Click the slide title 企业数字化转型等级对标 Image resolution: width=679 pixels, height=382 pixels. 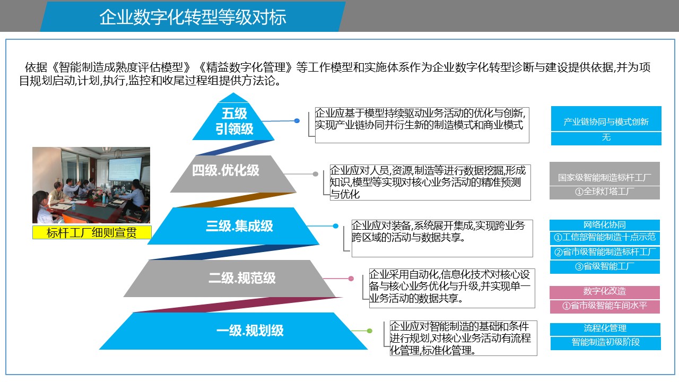point(193,17)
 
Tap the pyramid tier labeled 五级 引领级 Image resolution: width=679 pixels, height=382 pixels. point(234,121)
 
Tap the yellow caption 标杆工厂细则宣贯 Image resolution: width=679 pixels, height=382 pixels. point(91,232)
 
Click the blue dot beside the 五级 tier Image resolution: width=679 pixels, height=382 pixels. point(297,121)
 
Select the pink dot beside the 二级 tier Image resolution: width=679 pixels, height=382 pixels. point(351,279)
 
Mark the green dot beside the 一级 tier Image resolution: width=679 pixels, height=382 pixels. point(370,331)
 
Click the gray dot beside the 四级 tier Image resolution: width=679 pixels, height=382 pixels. point(316,174)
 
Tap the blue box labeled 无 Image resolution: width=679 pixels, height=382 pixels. point(606,138)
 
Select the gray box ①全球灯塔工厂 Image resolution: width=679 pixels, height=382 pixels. point(604,192)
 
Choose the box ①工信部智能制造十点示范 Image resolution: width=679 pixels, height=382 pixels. point(604,238)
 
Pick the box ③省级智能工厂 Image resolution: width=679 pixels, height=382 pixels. point(604,266)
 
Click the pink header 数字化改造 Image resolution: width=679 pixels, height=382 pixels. point(604,291)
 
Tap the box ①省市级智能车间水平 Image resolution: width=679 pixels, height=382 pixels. point(604,306)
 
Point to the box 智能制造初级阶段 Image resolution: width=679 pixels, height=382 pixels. point(605,343)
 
